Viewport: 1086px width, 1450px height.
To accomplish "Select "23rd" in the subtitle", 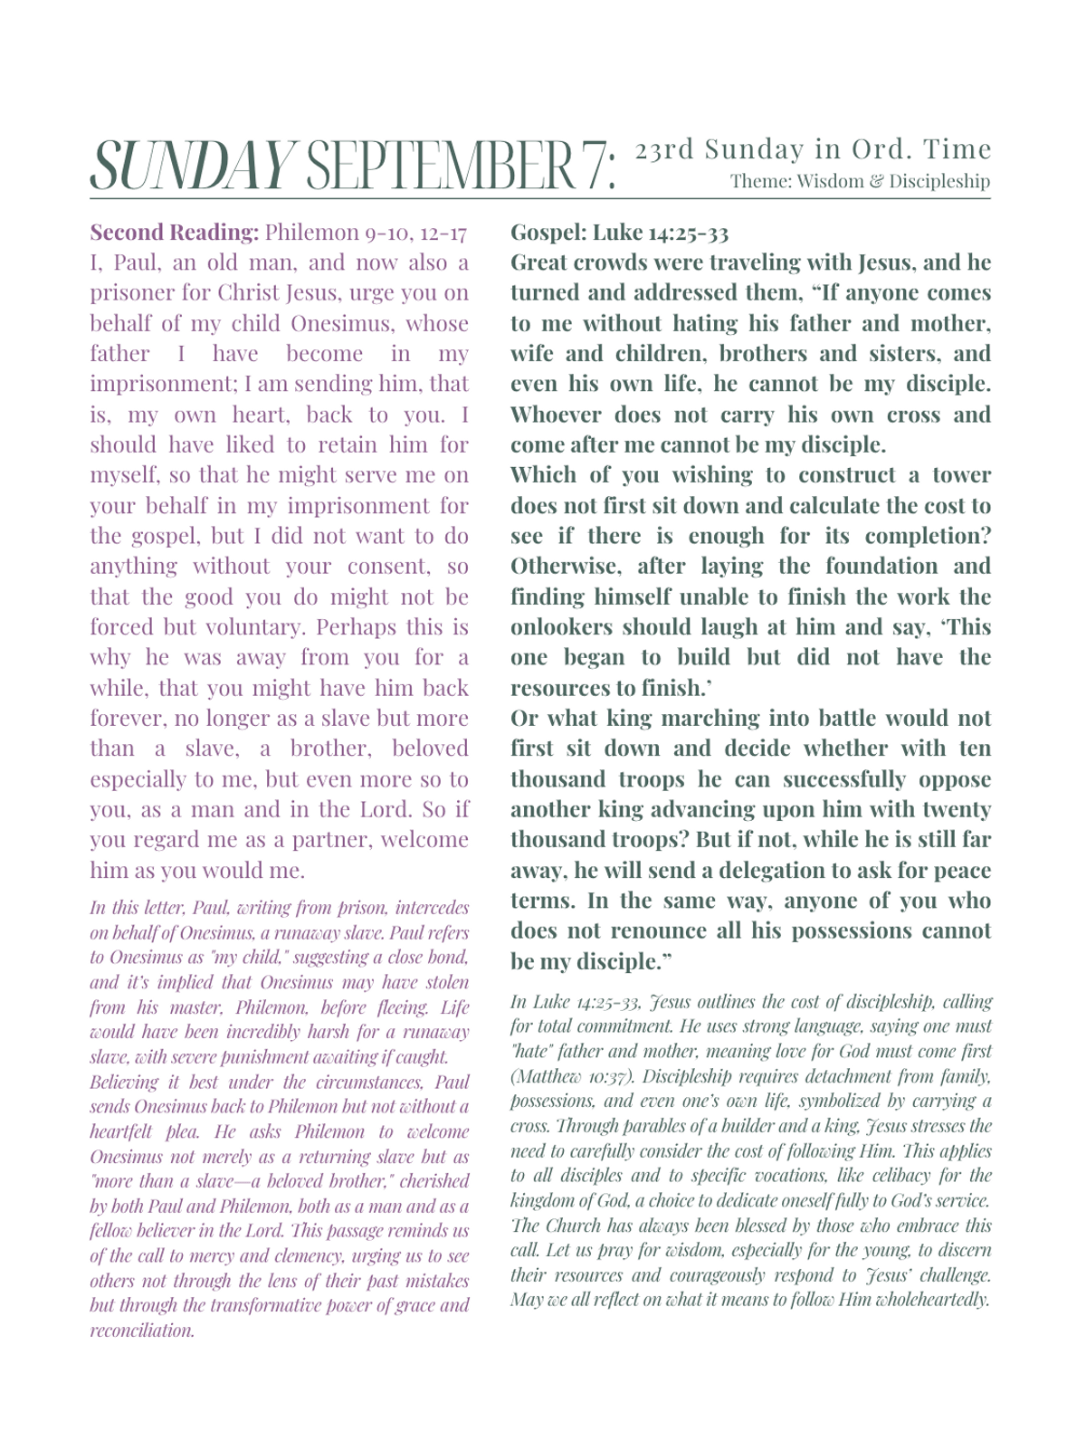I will (664, 149).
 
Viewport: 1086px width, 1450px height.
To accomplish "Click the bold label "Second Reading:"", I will (174, 233).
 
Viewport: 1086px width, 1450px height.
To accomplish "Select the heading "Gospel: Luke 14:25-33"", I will (619, 233).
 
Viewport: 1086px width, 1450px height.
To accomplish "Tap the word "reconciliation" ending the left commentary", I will (142, 1331).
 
